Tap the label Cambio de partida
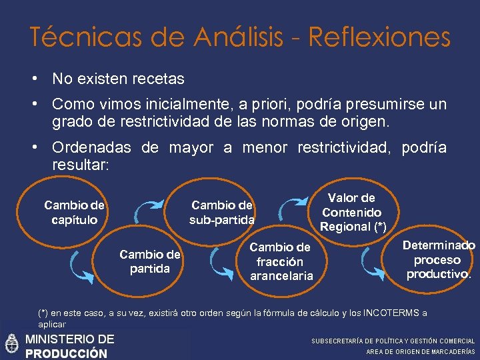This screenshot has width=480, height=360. (149, 261)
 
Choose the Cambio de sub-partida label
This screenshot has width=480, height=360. (221, 212)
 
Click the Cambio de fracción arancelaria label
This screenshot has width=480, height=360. (280, 261)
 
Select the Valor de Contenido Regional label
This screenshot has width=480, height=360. (351, 212)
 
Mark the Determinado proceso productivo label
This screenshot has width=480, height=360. (438, 259)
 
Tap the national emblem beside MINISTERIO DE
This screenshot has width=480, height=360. (11, 345)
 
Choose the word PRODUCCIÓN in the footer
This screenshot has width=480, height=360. (65, 353)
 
